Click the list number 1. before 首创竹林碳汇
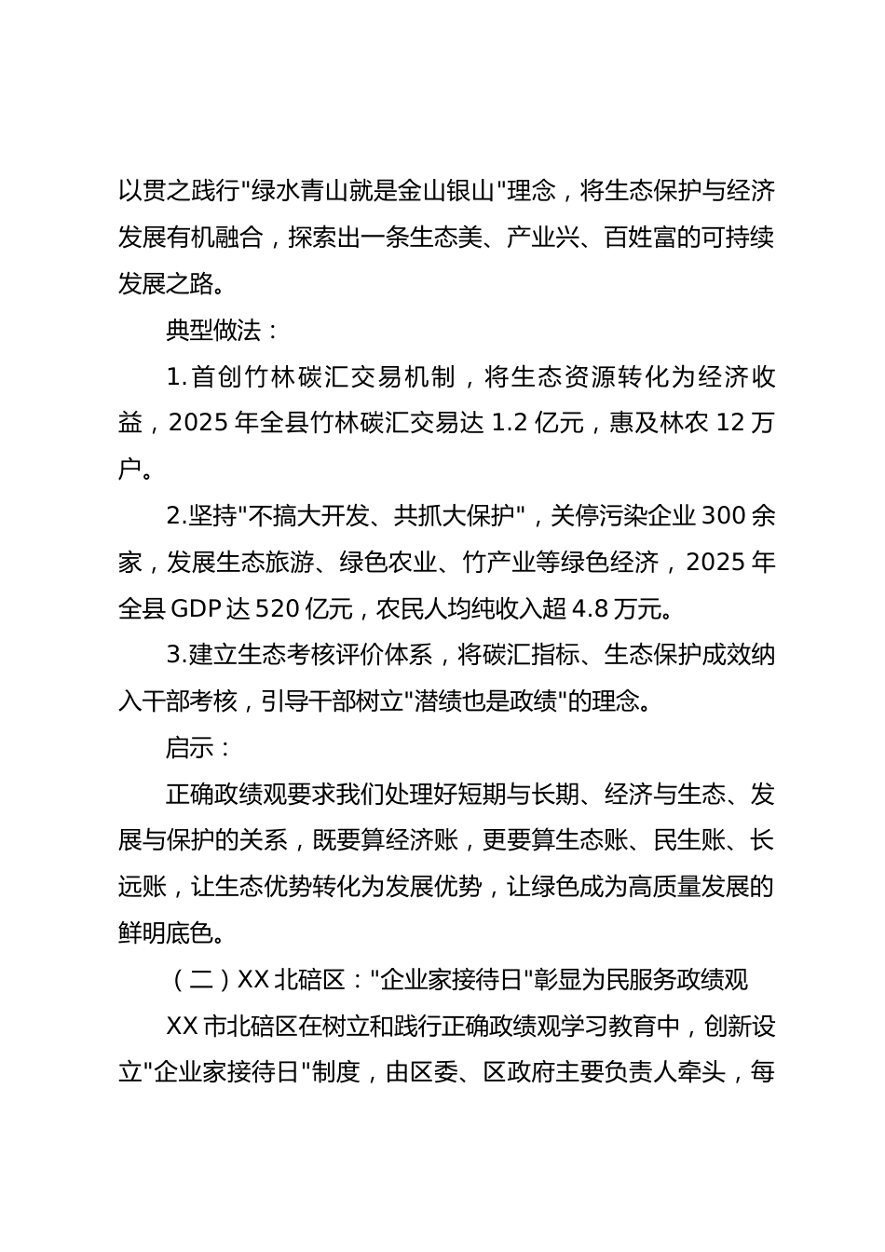[176, 377]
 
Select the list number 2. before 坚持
[176, 516]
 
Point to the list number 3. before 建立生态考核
[176, 656]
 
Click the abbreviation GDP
[197, 609]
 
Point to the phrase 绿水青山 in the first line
[301, 192]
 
